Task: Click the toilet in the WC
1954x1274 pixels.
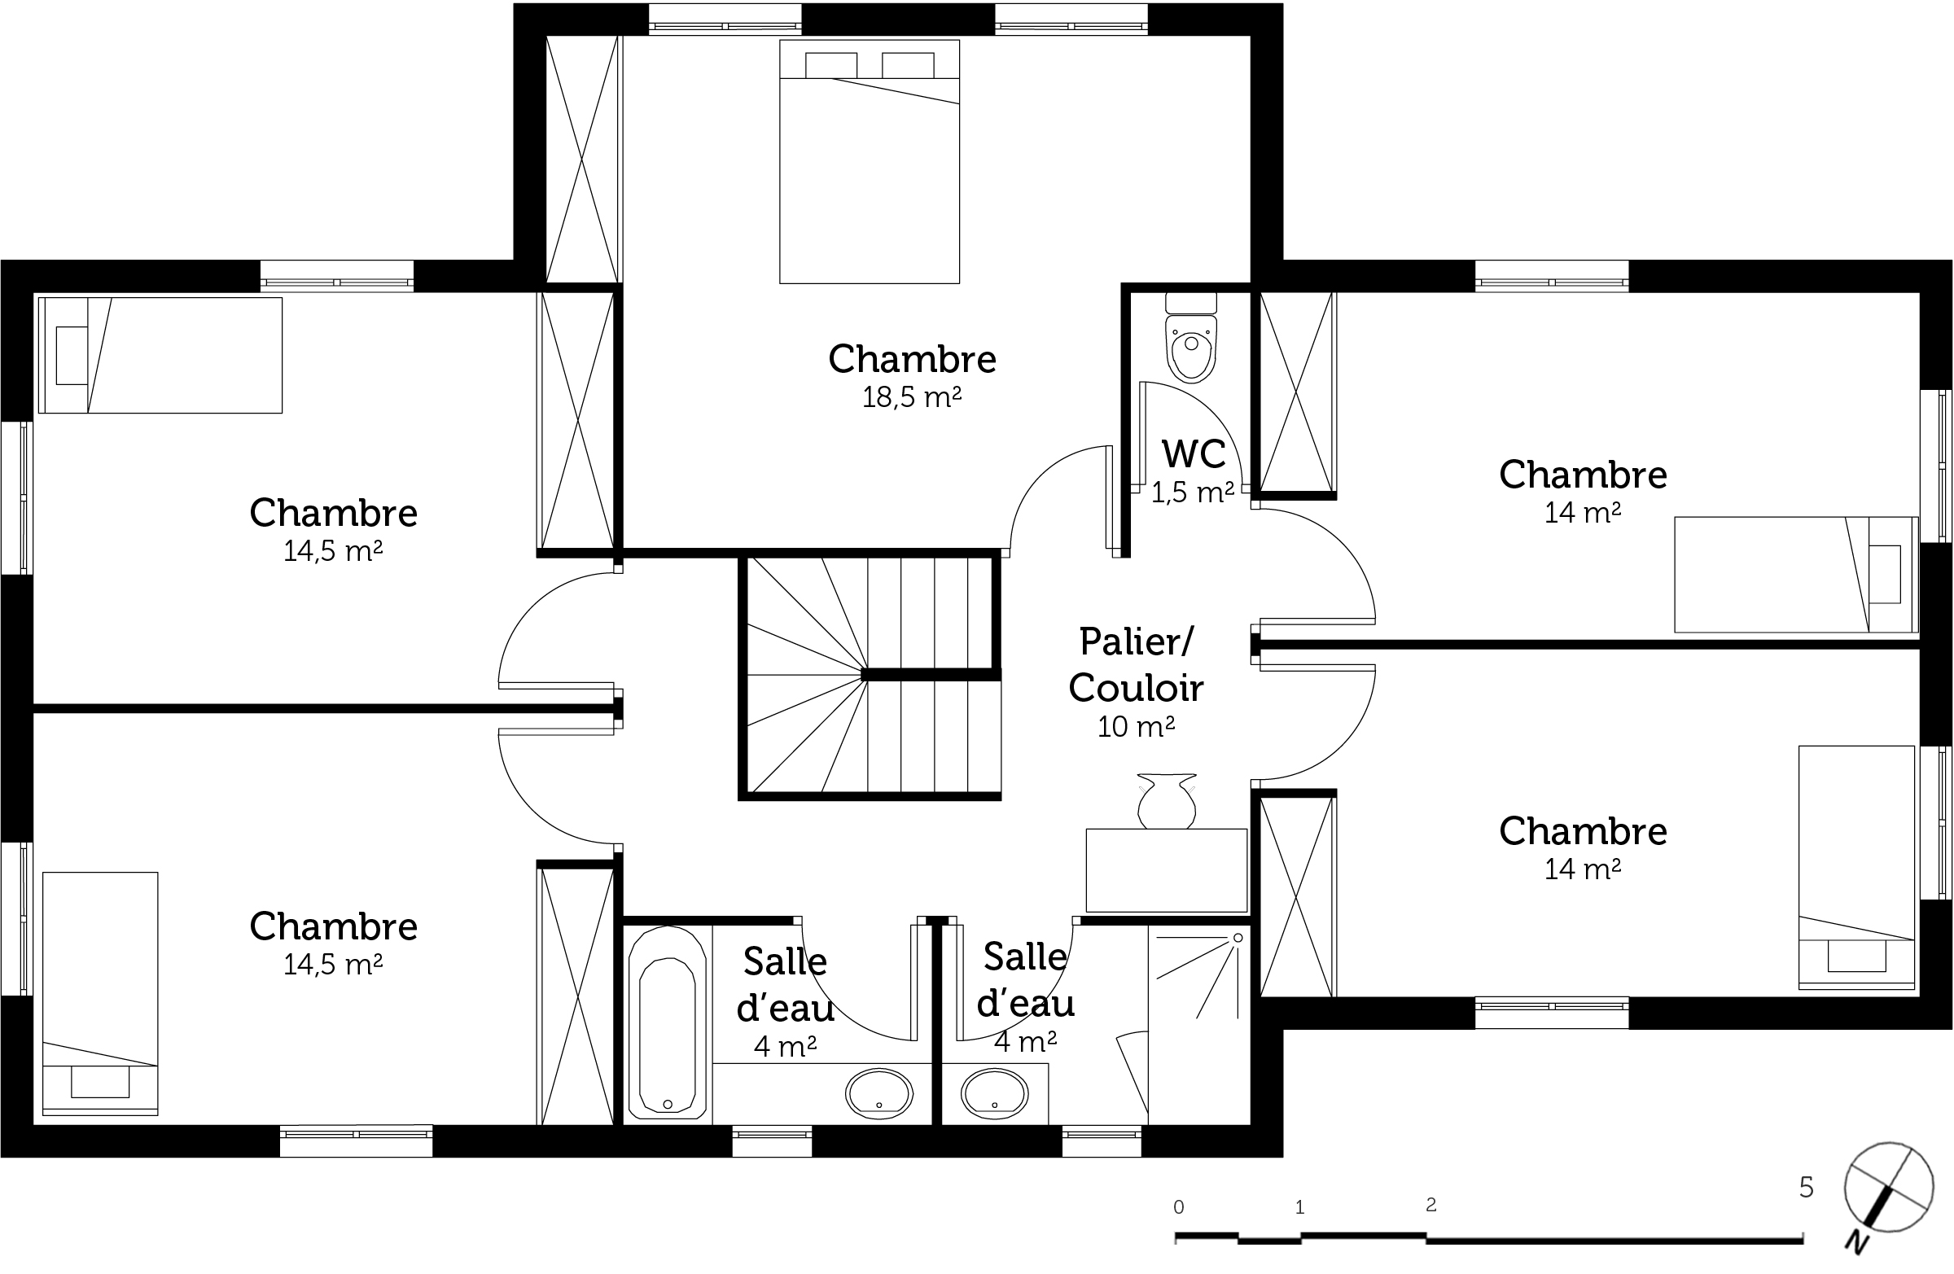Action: pos(1190,337)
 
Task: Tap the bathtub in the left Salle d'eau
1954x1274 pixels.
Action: pos(667,1022)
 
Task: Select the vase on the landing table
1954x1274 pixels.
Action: pos(1167,800)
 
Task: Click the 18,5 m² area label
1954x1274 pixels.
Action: pos(911,397)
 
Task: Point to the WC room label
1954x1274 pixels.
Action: pos(1194,454)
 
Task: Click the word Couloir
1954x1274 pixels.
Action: pos(1136,688)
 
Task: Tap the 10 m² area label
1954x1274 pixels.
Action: pos(1137,726)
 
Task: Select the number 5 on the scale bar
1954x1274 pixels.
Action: pos(1806,1187)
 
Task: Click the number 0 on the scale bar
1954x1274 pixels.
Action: pos(1179,1207)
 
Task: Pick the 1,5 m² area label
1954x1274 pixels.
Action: pos(1193,493)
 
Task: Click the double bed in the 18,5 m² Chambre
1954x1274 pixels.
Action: pos(870,162)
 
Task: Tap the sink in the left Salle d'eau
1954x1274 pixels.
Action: pos(878,1093)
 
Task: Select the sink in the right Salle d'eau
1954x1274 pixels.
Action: pos(994,1093)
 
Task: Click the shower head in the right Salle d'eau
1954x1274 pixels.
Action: pos(1238,938)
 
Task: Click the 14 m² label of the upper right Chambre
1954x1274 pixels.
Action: pos(1582,513)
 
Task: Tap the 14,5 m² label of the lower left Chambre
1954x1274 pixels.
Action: pos(332,965)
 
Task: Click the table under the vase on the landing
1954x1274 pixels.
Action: pos(1167,870)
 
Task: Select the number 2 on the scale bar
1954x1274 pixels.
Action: pos(1431,1205)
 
